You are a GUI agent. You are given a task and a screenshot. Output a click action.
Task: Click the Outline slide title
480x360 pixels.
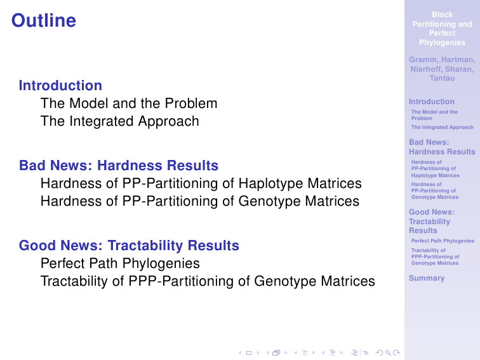click(x=44, y=20)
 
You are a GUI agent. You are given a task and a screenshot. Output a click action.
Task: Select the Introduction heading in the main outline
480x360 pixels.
click(x=60, y=86)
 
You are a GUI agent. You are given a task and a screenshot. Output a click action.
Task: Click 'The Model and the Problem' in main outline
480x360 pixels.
click(x=129, y=103)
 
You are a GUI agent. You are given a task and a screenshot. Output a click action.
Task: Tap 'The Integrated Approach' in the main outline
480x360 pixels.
click(x=120, y=121)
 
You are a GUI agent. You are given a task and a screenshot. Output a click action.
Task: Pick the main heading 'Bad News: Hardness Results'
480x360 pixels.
click(x=119, y=165)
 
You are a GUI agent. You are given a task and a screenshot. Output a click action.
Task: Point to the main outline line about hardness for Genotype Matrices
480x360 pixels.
click(x=200, y=201)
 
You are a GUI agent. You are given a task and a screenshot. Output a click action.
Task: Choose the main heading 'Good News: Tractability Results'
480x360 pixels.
click(x=129, y=246)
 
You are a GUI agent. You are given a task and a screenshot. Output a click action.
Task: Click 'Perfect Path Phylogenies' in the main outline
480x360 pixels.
click(x=120, y=263)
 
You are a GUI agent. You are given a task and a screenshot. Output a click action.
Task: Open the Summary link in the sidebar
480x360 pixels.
click(x=427, y=278)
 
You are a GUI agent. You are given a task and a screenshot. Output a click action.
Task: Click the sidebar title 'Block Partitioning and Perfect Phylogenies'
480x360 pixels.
click(x=442, y=29)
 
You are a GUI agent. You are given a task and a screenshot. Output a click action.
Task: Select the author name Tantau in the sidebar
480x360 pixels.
click(x=442, y=78)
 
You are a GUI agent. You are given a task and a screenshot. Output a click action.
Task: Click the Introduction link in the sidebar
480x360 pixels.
click(x=432, y=102)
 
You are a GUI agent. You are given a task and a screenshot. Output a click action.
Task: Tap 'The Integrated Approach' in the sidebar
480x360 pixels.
click(x=443, y=128)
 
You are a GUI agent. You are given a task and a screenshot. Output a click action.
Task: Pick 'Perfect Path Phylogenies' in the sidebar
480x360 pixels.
click(x=443, y=241)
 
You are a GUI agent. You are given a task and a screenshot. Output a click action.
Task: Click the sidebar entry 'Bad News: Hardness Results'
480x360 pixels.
click(x=442, y=147)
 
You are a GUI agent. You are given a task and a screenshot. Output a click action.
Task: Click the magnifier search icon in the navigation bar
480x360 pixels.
click(x=388, y=353)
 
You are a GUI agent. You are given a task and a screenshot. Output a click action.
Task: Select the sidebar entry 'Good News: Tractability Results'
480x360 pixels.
click(x=432, y=222)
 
